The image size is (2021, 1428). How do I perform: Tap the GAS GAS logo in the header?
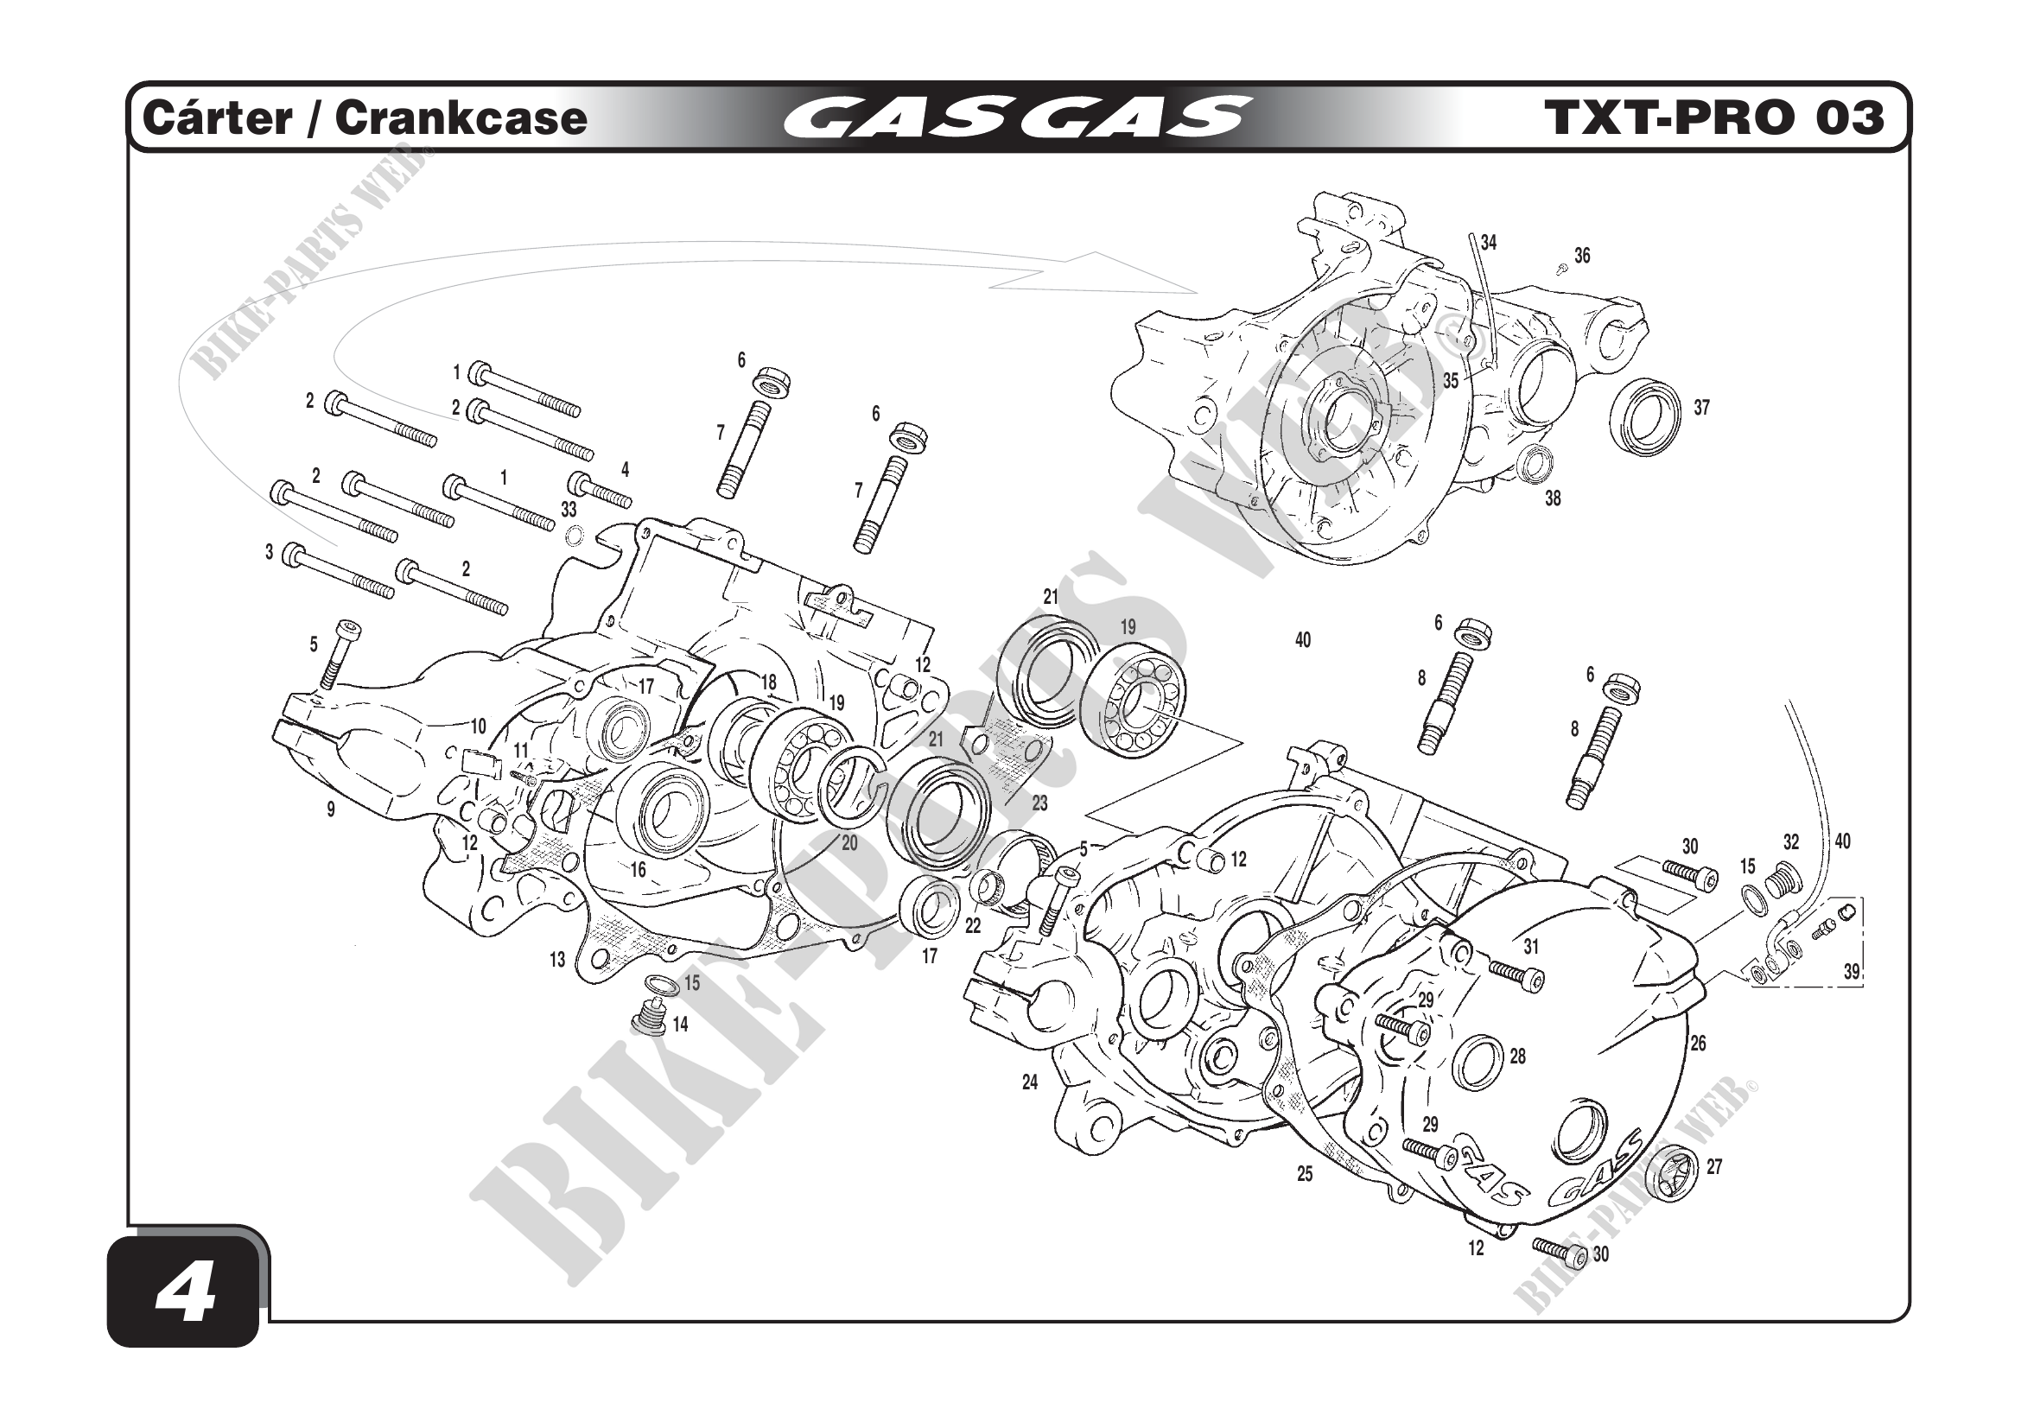(1016, 117)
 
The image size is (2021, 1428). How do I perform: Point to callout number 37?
(1701, 408)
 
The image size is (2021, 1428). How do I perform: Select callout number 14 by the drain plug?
(680, 1025)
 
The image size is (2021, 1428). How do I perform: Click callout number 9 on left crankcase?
(331, 809)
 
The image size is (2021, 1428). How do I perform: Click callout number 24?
(1030, 1082)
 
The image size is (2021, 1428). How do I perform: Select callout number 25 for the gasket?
(1305, 1174)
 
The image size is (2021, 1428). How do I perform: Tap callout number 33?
(569, 510)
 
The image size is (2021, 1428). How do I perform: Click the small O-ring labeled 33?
(574, 534)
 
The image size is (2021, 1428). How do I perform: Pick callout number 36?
(1582, 256)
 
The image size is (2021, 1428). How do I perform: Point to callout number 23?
(1039, 803)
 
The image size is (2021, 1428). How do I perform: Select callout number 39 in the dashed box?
(1852, 971)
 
